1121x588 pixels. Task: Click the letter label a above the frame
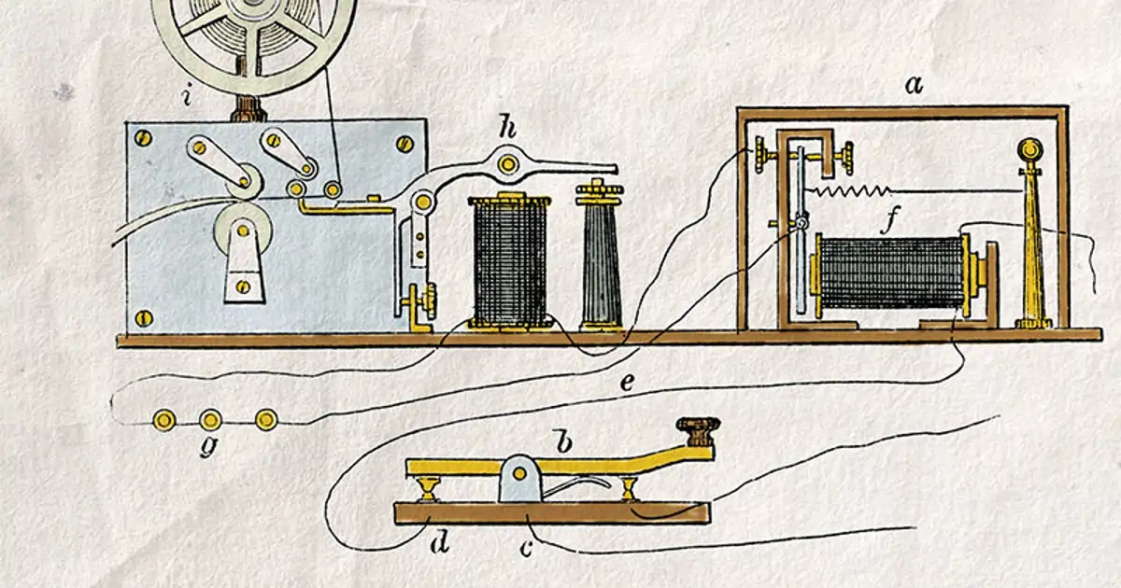[x=914, y=86]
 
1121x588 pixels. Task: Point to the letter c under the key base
[x=525, y=549]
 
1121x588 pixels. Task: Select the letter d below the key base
[x=440, y=542]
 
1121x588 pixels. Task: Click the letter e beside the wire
[x=627, y=383]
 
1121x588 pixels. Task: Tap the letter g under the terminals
[x=209, y=447]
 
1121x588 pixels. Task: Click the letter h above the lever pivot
[x=507, y=129]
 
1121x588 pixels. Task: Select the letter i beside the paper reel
[x=187, y=96]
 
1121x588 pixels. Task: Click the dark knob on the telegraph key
[x=698, y=431]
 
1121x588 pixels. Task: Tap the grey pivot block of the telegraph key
[x=520, y=478]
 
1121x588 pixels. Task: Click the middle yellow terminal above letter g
[x=211, y=419]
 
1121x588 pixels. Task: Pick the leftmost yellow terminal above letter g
[x=164, y=420]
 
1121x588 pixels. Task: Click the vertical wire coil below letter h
[x=509, y=262]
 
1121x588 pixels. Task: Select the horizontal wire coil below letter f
[x=892, y=273]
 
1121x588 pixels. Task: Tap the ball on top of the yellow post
[x=1029, y=149]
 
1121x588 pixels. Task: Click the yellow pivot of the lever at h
[x=508, y=163]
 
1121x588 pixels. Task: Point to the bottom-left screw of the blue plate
[x=144, y=317]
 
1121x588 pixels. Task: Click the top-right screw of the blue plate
[x=404, y=145]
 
